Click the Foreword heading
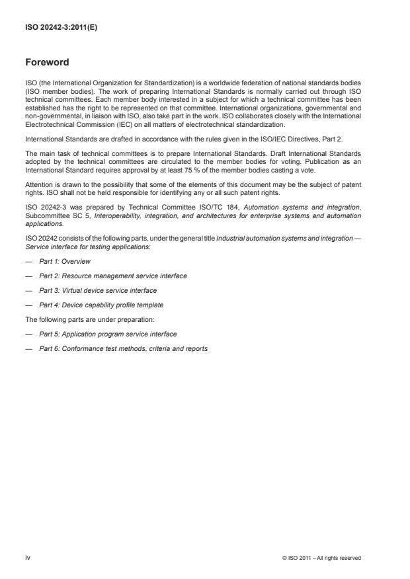(x=47, y=63)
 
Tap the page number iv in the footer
(x=28, y=558)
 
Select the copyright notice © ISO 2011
(x=321, y=558)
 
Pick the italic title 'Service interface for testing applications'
(x=85, y=247)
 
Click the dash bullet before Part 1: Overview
(x=28, y=261)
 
